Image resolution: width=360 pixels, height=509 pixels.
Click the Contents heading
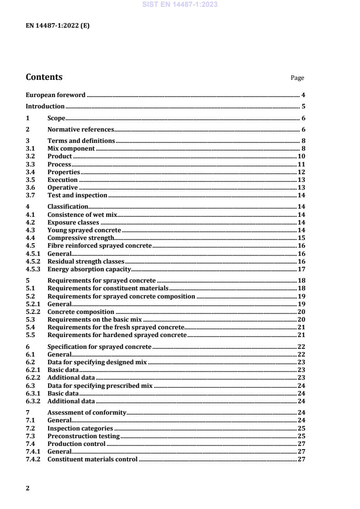pos(44,77)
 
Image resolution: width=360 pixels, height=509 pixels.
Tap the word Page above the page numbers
pos(297,78)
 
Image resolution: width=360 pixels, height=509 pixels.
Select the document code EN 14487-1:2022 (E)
pos(58,26)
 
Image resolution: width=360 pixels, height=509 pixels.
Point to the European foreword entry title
pos(55,95)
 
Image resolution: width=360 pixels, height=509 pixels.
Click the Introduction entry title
pos(45,107)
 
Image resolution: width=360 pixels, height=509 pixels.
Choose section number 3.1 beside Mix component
pos(30,148)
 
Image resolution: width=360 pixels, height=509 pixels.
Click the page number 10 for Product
pos(301,157)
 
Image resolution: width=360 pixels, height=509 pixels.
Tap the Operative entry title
pos(63,188)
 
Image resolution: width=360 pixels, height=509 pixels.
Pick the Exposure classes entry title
pos(73,223)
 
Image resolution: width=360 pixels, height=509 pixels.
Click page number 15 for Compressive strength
pos(301,238)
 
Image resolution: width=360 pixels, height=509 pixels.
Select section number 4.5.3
pos(33,269)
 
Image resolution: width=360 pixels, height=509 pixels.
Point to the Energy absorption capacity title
pos(89,269)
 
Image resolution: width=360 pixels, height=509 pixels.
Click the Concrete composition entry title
pos(81,312)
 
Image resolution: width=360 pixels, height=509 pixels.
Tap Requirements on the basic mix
pos(93,320)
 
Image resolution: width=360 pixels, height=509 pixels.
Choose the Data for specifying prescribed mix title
pos(100,386)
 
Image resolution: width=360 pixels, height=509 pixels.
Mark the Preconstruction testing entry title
pos(84,436)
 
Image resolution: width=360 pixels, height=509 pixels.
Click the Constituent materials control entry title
pos(92,460)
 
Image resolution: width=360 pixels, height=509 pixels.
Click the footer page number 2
pos(28,489)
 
